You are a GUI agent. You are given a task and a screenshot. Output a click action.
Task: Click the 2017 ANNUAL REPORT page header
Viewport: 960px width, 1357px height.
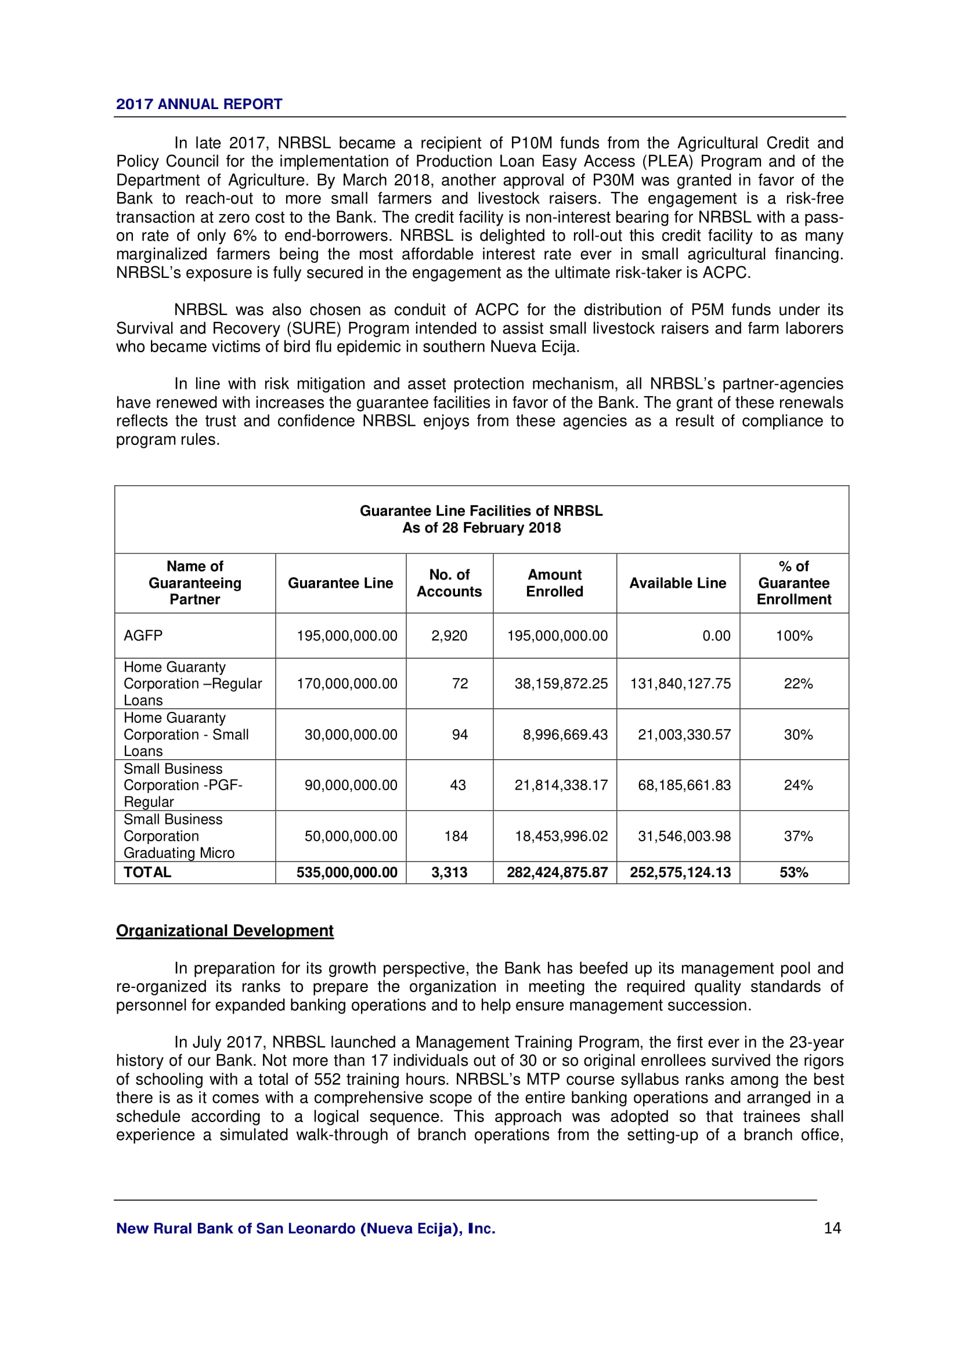click(199, 104)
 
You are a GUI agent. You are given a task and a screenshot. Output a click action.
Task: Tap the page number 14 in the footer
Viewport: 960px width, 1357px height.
click(832, 1228)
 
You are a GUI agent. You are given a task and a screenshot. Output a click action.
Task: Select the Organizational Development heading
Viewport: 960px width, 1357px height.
click(225, 931)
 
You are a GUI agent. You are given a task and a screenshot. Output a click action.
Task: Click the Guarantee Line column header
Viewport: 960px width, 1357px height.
click(340, 583)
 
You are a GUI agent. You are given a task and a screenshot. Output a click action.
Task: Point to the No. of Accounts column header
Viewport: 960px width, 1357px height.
click(449, 583)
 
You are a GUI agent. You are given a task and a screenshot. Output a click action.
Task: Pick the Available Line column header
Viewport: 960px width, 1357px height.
click(677, 583)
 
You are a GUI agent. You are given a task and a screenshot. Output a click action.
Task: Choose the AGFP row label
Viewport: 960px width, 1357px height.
click(143, 636)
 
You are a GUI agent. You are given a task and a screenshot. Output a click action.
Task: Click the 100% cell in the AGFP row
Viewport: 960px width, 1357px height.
click(794, 636)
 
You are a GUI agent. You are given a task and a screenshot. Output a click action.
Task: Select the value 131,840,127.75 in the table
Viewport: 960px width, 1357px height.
click(680, 684)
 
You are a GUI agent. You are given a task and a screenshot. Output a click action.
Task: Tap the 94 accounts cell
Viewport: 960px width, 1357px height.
click(460, 734)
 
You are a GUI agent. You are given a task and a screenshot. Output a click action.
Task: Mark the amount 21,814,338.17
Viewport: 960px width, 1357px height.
click(561, 786)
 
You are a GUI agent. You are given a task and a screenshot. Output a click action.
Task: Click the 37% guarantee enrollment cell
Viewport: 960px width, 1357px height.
click(798, 837)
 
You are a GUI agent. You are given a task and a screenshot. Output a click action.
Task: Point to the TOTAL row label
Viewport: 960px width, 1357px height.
click(147, 873)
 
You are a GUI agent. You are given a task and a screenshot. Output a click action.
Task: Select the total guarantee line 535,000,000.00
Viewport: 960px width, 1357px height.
click(347, 873)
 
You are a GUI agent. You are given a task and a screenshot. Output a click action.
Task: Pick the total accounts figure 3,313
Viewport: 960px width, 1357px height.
click(449, 873)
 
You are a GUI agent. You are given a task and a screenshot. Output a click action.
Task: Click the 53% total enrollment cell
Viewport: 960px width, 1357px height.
click(794, 873)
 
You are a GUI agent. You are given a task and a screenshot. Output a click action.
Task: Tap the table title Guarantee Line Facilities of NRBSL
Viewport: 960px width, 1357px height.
click(481, 511)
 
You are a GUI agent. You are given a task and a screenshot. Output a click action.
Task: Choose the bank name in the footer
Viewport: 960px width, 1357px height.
click(306, 1229)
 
